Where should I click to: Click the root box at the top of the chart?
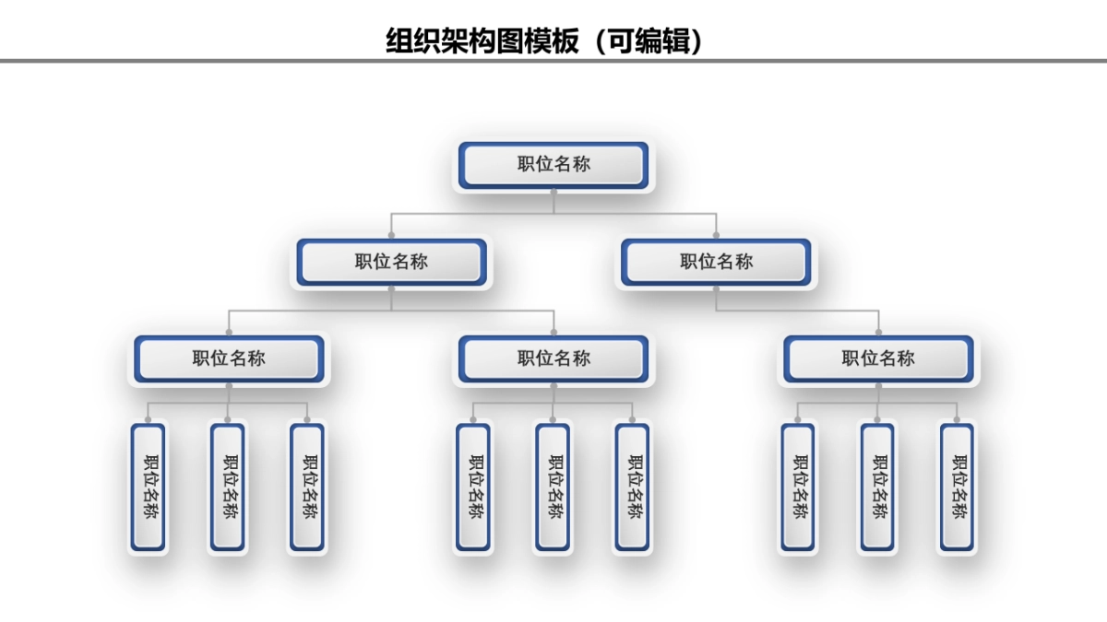pyautogui.click(x=553, y=166)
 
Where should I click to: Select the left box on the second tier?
pyautogui.click(x=391, y=262)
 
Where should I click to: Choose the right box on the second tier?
pyautogui.click(x=716, y=262)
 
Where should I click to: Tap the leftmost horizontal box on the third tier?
pyautogui.click(x=229, y=358)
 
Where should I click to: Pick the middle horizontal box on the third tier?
pyautogui.click(x=553, y=358)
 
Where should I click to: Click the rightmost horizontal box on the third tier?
pyautogui.click(x=878, y=358)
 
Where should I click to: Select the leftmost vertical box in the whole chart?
pyautogui.click(x=149, y=487)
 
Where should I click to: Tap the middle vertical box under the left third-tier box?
pyautogui.click(x=228, y=487)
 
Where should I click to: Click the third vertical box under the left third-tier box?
pyautogui.click(x=307, y=487)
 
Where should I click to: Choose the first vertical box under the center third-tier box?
pyautogui.click(x=473, y=487)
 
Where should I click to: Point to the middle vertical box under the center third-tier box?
pyautogui.click(x=553, y=487)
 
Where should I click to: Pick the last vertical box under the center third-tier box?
pyautogui.click(x=632, y=487)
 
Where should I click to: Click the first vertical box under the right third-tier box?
pyautogui.click(x=798, y=487)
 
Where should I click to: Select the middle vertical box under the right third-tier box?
pyautogui.click(x=877, y=487)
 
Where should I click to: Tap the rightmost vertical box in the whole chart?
pyautogui.click(x=957, y=487)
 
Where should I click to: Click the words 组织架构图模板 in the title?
pyautogui.click(x=482, y=41)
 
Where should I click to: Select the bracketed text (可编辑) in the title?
pyautogui.click(x=651, y=41)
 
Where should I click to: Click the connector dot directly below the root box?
pyautogui.click(x=553, y=193)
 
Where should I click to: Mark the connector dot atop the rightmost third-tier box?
pyautogui.click(x=878, y=332)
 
